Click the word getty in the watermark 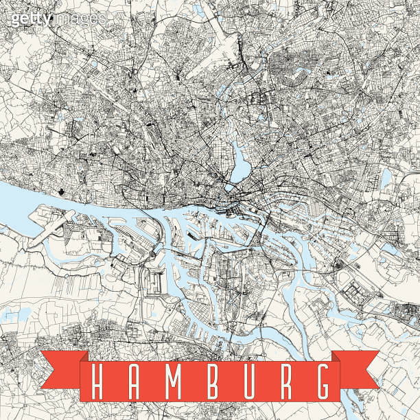coord(30,19)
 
